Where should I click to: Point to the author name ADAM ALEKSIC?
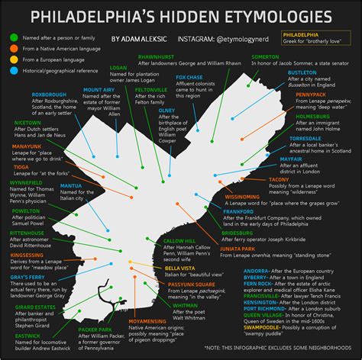click(138, 37)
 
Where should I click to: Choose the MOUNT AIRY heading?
click(99, 90)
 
